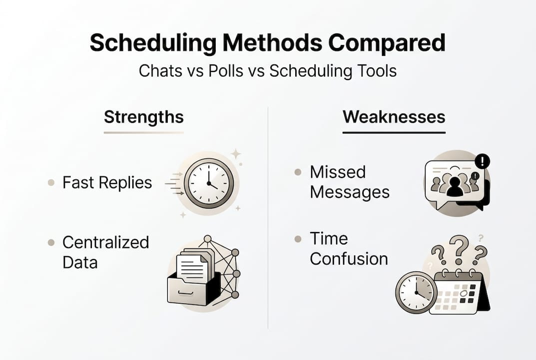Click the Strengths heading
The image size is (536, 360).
[x=144, y=117]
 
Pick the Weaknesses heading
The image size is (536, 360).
[x=394, y=117]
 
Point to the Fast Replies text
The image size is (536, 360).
[x=107, y=182]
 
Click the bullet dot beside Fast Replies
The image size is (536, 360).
[x=51, y=182]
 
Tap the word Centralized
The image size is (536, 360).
[x=105, y=242]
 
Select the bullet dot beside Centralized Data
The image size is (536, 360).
[x=51, y=242]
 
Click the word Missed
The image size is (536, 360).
[x=338, y=172]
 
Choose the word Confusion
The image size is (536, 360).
[x=349, y=258]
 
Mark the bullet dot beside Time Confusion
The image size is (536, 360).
[x=298, y=238]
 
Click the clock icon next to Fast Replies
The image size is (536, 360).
[x=208, y=183]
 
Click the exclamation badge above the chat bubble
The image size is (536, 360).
[x=482, y=161]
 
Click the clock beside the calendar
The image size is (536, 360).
[x=416, y=292]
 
